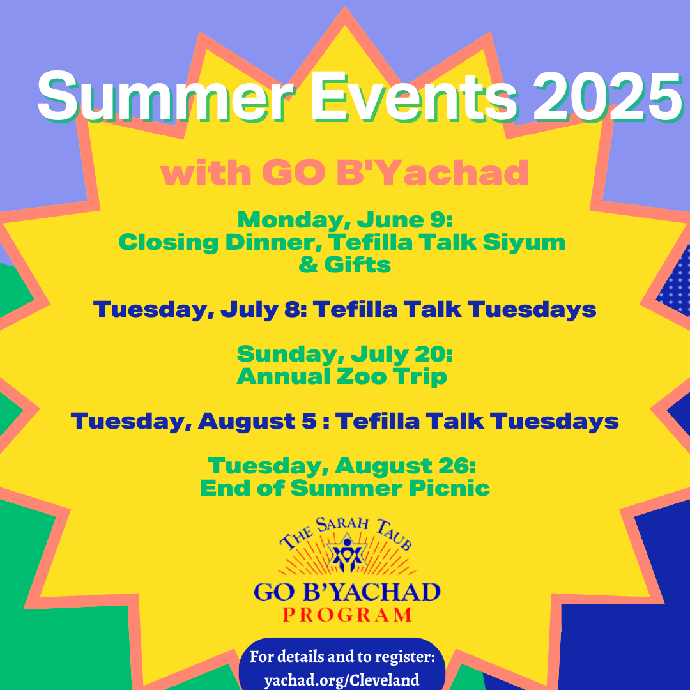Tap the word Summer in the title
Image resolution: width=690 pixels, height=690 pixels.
pyautogui.click(x=167, y=97)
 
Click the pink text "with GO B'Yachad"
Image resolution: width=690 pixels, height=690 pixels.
pyautogui.click(x=344, y=172)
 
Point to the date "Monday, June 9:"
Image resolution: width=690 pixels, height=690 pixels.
pyautogui.click(x=345, y=220)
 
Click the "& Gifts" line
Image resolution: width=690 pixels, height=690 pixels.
pyautogui.click(x=344, y=264)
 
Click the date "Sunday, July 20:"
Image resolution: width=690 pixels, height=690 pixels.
pyautogui.click(x=344, y=354)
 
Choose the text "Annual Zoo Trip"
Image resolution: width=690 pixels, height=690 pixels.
pyautogui.click(x=342, y=377)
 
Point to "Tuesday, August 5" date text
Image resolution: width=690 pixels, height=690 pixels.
pyautogui.click(x=194, y=421)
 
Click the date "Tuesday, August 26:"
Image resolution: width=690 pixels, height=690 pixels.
pyautogui.click(x=342, y=466)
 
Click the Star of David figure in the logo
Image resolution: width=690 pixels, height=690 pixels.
pyautogui.click(x=347, y=553)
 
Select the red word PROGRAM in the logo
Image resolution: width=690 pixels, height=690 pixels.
pyautogui.click(x=347, y=615)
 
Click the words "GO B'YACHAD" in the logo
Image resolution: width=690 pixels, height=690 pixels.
pyautogui.click(x=347, y=592)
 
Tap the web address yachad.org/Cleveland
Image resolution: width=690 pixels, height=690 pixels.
pyautogui.click(x=341, y=680)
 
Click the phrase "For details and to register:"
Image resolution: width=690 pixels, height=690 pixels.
pyautogui.click(x=342, y=657)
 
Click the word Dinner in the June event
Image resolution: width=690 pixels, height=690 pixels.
pyautogui.click(x=273, y=243)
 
